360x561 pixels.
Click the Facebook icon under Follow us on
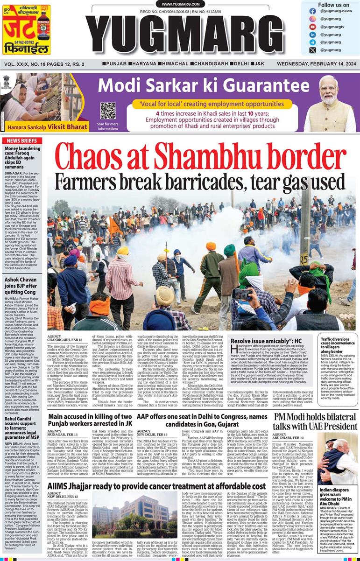coord(313,10)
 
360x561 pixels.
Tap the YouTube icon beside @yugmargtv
coord(313,27)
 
